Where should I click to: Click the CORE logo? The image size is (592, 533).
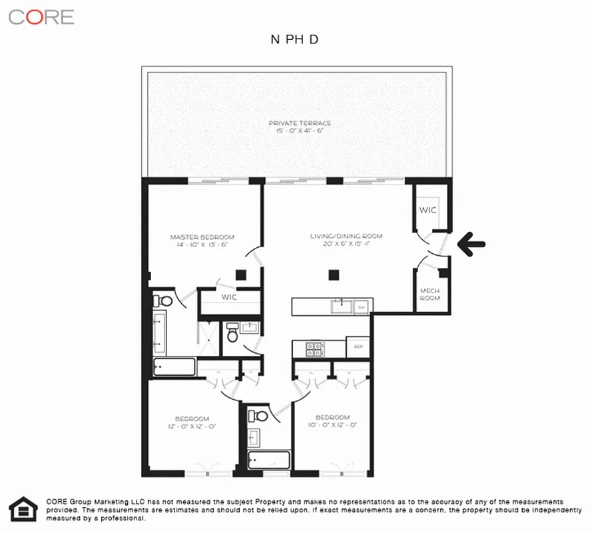click(41, 17)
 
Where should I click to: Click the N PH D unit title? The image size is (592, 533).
click(294, 39)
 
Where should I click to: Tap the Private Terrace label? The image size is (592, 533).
click(300, 127)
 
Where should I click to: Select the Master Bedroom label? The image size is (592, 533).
click(202, 241)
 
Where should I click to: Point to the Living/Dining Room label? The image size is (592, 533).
click(346, 240)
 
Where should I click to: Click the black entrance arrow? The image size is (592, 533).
click(471, 244)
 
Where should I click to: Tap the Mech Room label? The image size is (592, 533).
click(430, 294)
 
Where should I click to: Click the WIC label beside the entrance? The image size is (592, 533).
click(428, 210)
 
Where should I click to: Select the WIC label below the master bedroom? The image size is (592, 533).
click(229, 297)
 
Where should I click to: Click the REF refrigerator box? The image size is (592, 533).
click(358, 346)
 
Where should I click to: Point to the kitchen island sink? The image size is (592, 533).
click(343, 306)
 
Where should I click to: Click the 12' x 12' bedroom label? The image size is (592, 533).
click(192, 422)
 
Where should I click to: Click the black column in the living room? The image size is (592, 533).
click(335, 274)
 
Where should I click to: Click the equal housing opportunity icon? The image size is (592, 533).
click(23, 509)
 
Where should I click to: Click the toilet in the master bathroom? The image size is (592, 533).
click(164, 301)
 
